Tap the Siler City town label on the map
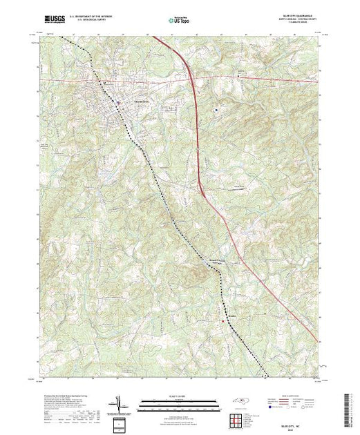click(121, 101)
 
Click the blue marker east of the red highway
click(215, 109)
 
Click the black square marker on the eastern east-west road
click(239, 73)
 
